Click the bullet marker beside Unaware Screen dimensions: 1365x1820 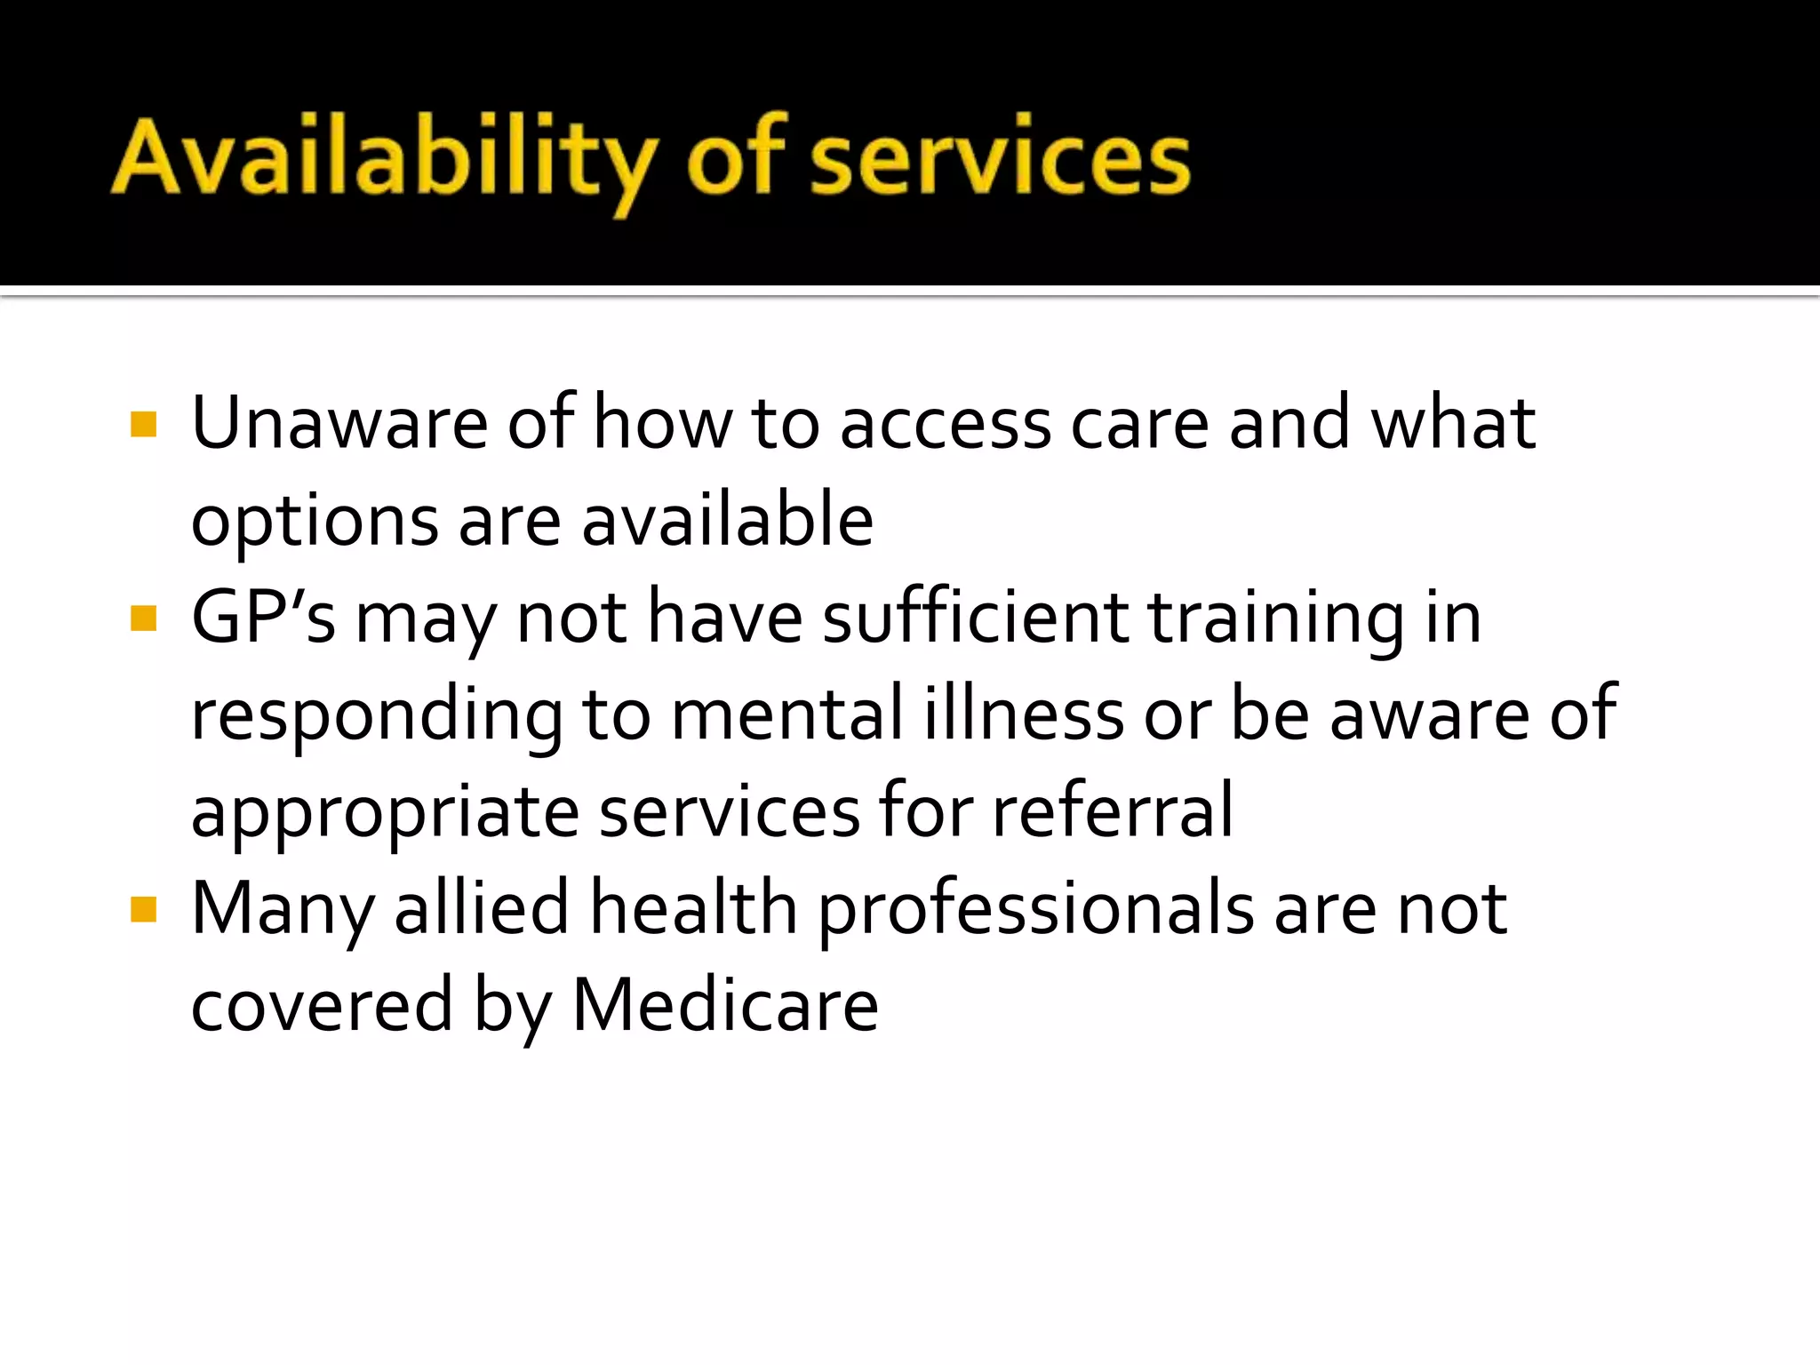coord(143,425)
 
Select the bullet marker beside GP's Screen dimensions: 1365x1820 coord(143,619)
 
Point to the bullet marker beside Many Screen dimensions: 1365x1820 coord(143,910)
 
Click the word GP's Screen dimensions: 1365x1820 coord(264,617)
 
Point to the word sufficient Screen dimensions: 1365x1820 coord(975,617)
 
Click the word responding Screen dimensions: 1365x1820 coord(377,716)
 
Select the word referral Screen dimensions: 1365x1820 coord(1113,810)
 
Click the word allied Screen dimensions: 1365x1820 coord(481,908)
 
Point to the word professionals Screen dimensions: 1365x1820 coord(1035,910)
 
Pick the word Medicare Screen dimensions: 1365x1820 coord(725,1005)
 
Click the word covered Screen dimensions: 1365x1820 coord(322,1005)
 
